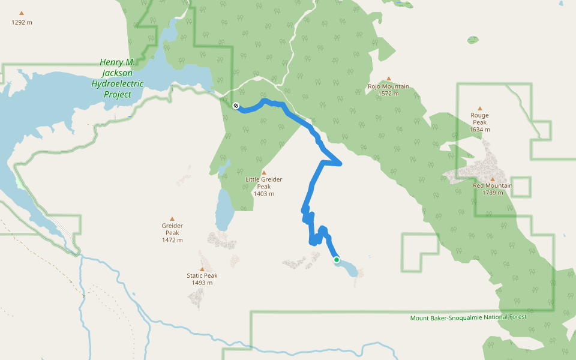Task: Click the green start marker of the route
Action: tap(337, 260)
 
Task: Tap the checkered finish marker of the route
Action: tap(235, 106)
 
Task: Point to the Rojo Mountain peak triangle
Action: tap(388, 79)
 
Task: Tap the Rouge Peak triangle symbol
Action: tap(479, 109)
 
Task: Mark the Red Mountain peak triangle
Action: tap(493, 179)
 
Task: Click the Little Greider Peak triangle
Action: tap(263, 173)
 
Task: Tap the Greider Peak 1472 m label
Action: tap(172, 233)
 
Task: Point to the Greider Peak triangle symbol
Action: tap(172, 219)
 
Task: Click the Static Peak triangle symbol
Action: tap(202, 269)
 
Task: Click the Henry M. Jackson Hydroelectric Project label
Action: tap(117, 79)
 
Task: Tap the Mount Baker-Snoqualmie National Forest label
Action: tap(468, 317)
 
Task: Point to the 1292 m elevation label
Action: tap(22, 23)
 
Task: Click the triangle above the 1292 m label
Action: tap(22, 13)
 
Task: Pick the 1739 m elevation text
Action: tap(493, 193)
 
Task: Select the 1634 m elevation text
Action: tap(479, 130)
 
